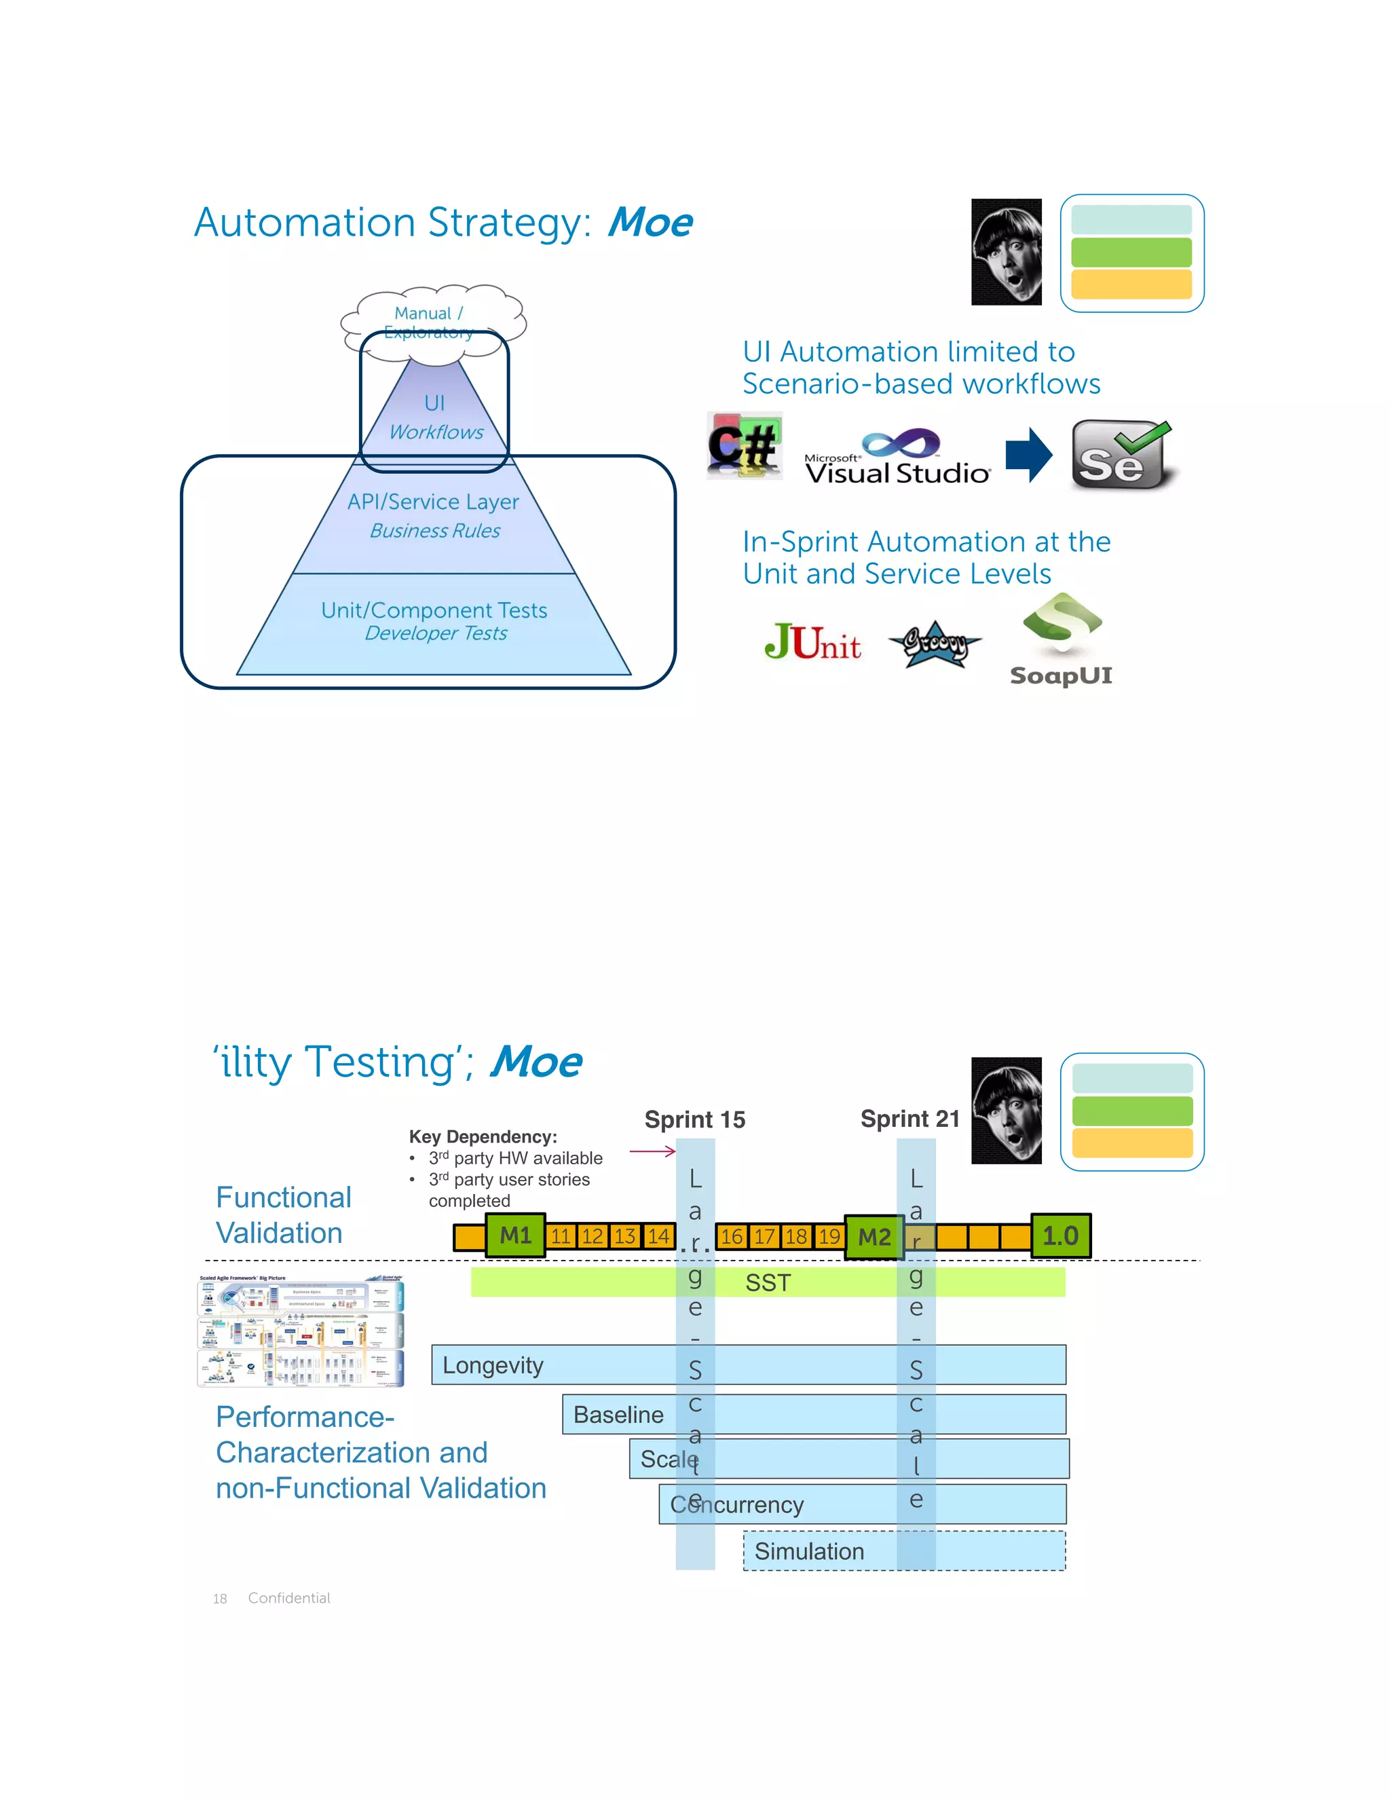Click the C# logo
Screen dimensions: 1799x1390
click(x=745, y=447)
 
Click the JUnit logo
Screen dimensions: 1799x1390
click(x=812, y=642)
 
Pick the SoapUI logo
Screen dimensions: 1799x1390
click(x=1062, y=640)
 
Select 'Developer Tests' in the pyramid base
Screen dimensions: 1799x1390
click(x=436, y=633)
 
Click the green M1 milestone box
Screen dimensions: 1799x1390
click(x=516, y=1236)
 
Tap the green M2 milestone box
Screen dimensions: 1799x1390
click(x=874, y=1237)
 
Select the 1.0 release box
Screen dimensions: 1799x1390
click(x=1061, y=1236)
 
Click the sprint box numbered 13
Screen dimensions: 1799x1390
click(x=625, y=1236)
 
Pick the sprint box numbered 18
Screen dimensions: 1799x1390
click(x=796, y=1236)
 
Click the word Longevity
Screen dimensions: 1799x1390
click(x=493, y=1366)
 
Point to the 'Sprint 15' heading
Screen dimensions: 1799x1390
click(x=694, y=1120)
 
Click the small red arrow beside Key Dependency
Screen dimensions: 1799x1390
click(x=652, y=1151)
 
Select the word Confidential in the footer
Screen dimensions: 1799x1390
click(x=289, y=1598)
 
